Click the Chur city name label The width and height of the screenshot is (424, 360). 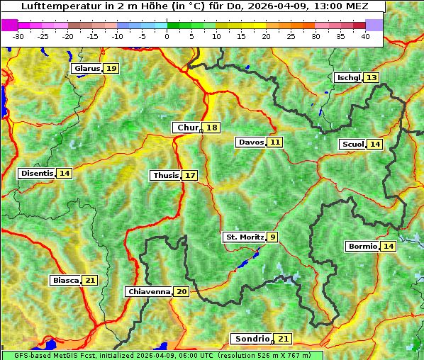pyautogui.click(x=187, y=128)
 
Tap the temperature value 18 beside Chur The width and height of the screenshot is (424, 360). pyautogui.click(x=212, y=128)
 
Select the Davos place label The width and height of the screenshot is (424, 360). pyautogui.click(x=250, y=142)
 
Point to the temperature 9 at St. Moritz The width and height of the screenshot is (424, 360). pyautogui.click(x=273, y=237)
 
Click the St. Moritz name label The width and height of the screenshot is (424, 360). pyautogui.click(x=245, y=237)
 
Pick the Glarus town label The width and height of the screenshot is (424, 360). pyautogui.click(x=87, y=68)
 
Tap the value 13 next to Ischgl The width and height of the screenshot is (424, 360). pyautogui.click(x=372, y=77)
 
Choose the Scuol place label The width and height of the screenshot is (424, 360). pyautogui.click(x=352, y=145)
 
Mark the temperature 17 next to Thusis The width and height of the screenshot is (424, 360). pyautogui.click(x=190, y=175)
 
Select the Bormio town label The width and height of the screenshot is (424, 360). pyautogui.click(x=362, y=247)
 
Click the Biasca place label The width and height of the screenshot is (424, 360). pyautogui.click(x=65, y=281)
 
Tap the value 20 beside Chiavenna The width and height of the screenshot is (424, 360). pyautogui.click(x=182, y=291)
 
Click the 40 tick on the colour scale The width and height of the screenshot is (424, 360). pyautogui.click(x=365, y=36)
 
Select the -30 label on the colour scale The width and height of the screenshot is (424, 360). pyautogui.click(x=18, y=36)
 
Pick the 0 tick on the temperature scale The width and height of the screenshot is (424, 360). pyautogui.click(x=167, y=36)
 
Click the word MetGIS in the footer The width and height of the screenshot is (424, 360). pyautogui.click(x=66, y=355)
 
